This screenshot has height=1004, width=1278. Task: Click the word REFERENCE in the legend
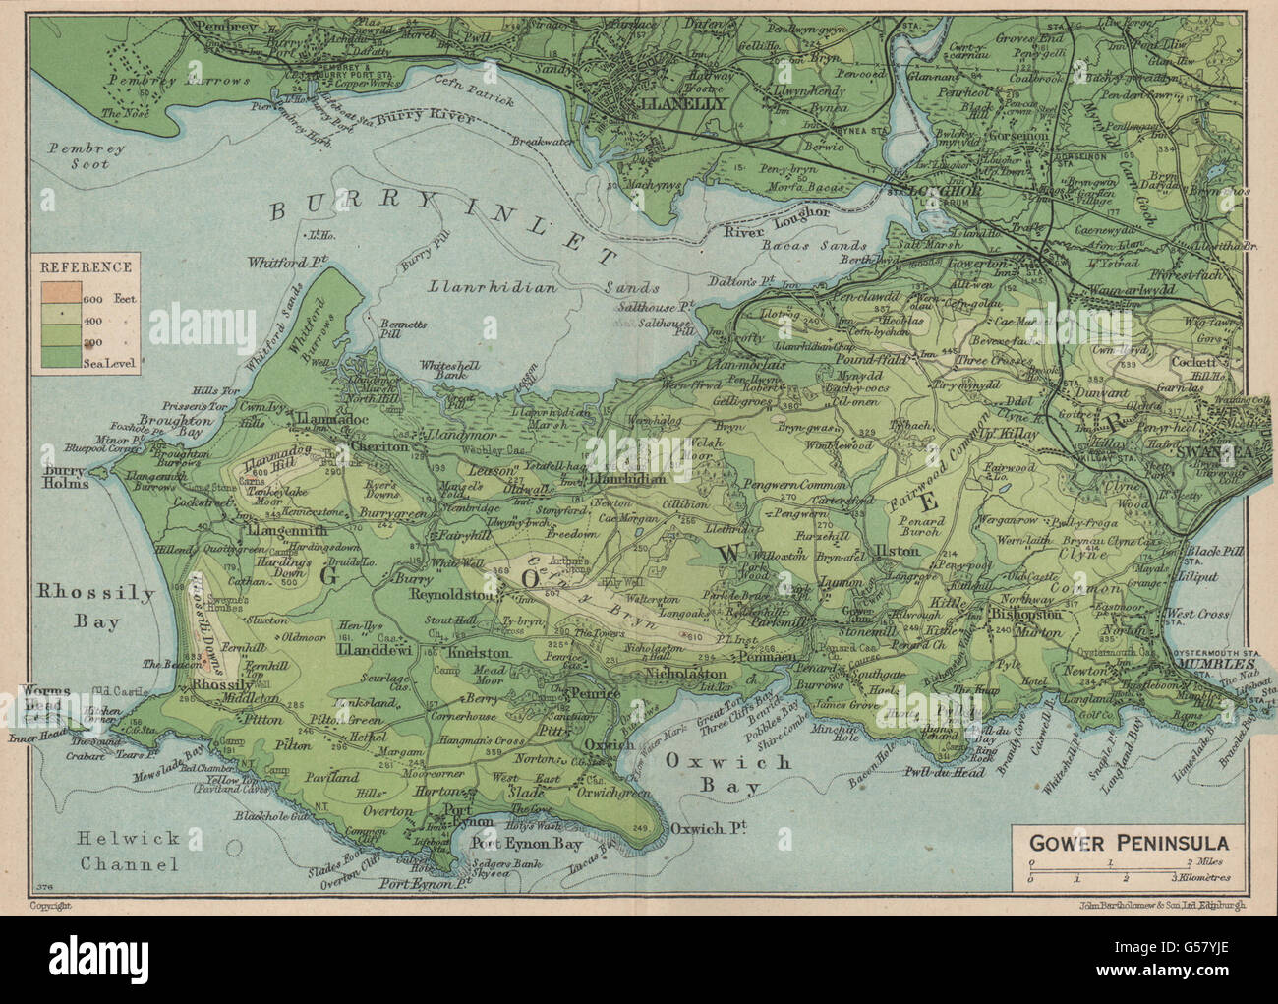87,266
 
